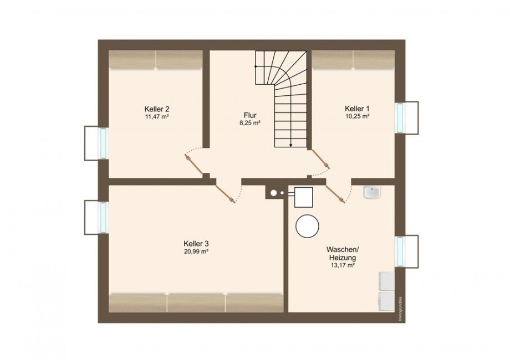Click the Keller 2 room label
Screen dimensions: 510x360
157,109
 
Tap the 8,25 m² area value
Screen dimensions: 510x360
250,123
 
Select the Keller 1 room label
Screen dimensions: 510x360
357,109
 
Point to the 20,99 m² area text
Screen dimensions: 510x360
196,251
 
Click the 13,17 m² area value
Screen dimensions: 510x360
342,265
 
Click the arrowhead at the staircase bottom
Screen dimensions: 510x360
291,145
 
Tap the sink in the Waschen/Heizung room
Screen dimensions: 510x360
372,192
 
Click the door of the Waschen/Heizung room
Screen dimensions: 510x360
335,194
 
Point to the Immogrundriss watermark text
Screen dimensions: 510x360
401,308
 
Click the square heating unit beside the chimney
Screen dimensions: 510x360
303,197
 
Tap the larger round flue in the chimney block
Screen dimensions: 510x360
274,193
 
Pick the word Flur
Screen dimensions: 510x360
250,115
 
